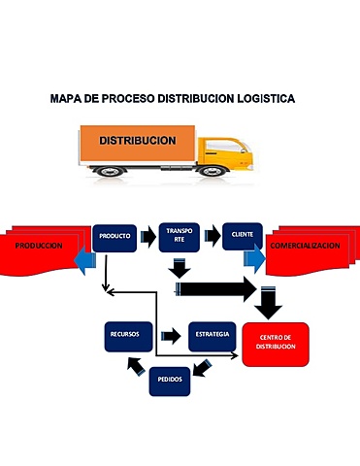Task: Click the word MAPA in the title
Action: point(65,100)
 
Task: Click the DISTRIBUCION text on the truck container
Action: point(138,141)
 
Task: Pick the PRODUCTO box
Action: point(114,236)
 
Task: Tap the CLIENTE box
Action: point(242,236)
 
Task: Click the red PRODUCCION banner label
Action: point(38,246)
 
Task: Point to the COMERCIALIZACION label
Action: point(305,246)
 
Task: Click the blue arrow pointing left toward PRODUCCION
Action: point(86,257)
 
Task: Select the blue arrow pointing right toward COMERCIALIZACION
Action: point(254,258)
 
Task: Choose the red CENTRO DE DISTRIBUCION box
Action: point(276,343)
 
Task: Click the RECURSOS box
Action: point(124,335)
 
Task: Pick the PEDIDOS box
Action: point(170,383)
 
